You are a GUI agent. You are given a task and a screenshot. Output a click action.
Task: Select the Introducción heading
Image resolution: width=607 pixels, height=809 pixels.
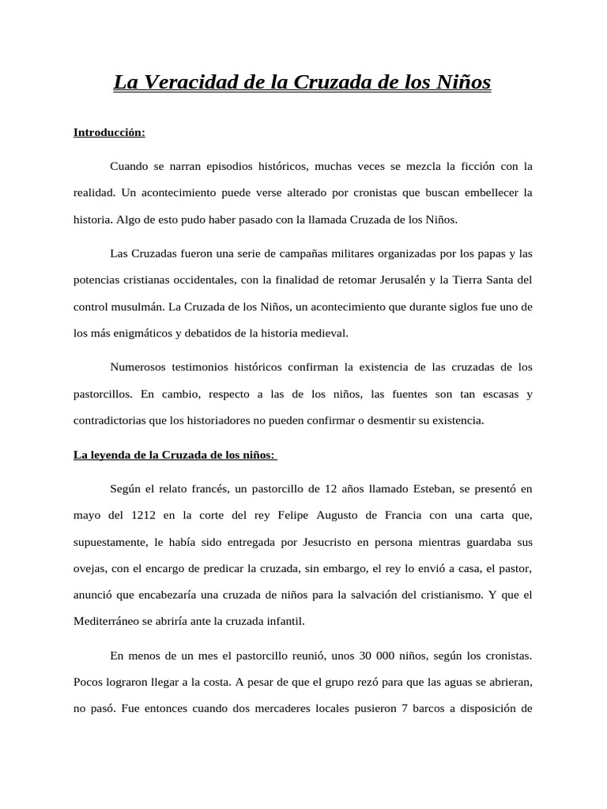tap(109, 133)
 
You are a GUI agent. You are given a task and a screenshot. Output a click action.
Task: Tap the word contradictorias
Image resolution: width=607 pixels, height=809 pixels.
tap(111, 421)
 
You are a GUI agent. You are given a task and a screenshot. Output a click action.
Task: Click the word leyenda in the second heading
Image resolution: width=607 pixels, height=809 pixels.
tap(111, 455)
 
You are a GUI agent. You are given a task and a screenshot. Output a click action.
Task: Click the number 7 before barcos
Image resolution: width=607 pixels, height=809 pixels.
tap(404, 709)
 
